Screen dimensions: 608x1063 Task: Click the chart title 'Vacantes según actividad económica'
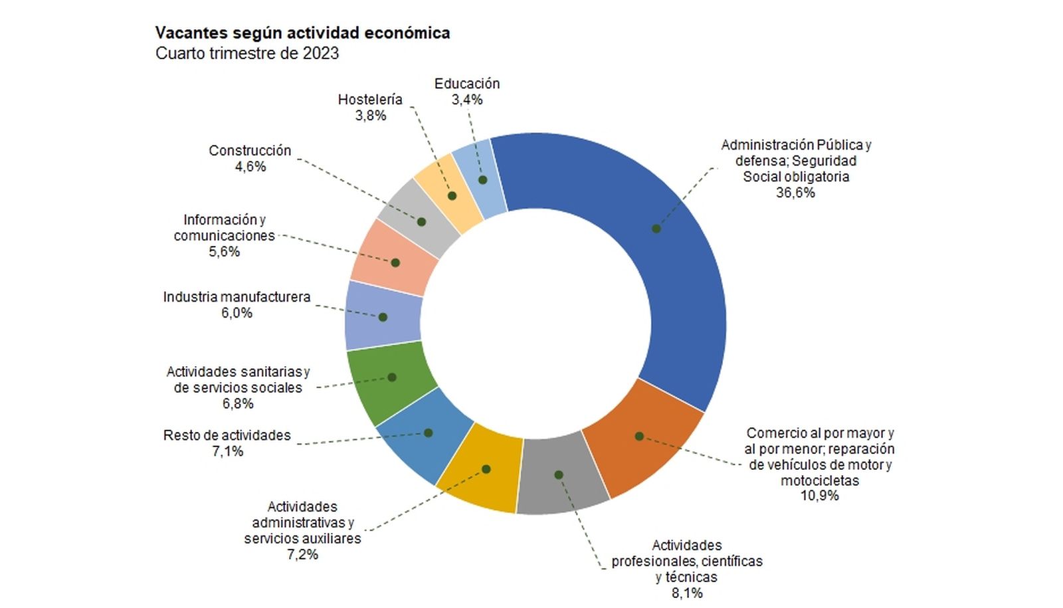pos(302,33)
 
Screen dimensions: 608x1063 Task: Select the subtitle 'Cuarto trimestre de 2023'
pos(247,53)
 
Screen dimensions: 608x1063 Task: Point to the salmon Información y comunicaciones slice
pos(393,259)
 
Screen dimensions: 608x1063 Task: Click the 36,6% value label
pos(795,193)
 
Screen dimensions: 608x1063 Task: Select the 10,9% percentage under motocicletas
pos(819,496)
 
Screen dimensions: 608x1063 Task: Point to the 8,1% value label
pos(687,593)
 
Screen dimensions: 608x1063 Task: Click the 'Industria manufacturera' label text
pos(237,297)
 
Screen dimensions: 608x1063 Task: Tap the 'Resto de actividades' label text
pos(227,435)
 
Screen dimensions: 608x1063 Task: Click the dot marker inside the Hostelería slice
pos(452,196)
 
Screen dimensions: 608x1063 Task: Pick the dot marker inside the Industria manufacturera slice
pos(383,318)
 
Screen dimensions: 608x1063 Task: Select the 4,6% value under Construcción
pos(250,167)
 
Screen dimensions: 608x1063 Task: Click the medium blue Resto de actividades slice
pos(425,435)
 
